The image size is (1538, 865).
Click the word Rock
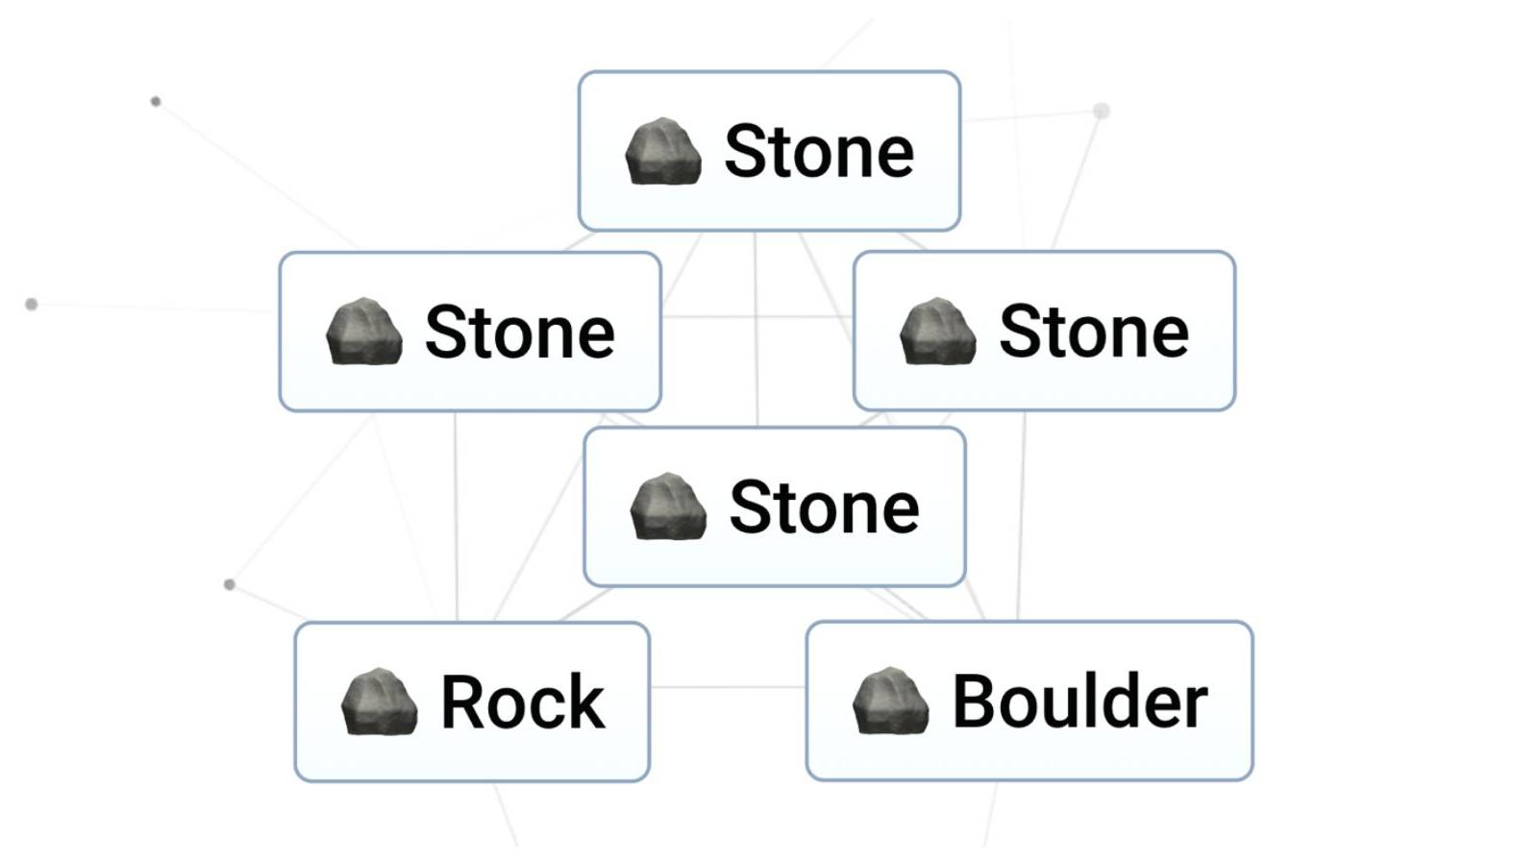522,702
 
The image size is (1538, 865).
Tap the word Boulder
1079,702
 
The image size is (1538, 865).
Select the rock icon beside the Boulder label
890,701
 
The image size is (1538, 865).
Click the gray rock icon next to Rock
379,702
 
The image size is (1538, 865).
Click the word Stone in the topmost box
818,152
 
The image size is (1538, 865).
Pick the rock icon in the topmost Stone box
662,152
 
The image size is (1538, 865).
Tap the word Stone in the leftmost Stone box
519,333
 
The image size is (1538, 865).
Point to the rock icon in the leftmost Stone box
363,333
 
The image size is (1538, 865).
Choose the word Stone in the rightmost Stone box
1094,332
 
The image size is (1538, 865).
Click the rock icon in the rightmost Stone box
937,332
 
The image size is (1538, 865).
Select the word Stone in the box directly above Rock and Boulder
824,507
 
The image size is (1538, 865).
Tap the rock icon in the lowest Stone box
667,507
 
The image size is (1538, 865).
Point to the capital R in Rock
461,702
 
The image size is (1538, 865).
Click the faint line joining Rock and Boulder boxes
728,686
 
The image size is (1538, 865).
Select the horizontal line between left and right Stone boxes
757,316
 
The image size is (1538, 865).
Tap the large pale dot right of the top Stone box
1102,111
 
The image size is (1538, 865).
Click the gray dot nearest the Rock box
229,584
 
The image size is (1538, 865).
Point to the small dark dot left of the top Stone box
156,102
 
